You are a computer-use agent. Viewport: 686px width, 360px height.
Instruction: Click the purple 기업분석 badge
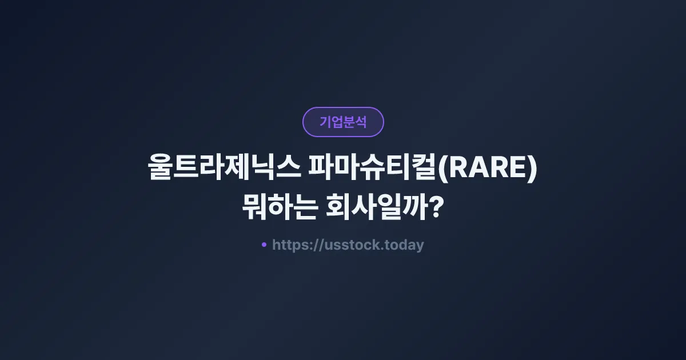click(x=343, y=122)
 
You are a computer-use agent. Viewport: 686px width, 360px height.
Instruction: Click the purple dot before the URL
click(x=264, y=245)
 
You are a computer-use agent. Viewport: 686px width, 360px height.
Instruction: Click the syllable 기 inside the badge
click(x=325, y=122)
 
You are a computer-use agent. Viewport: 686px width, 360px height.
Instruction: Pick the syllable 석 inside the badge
click(x=361, y=122)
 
